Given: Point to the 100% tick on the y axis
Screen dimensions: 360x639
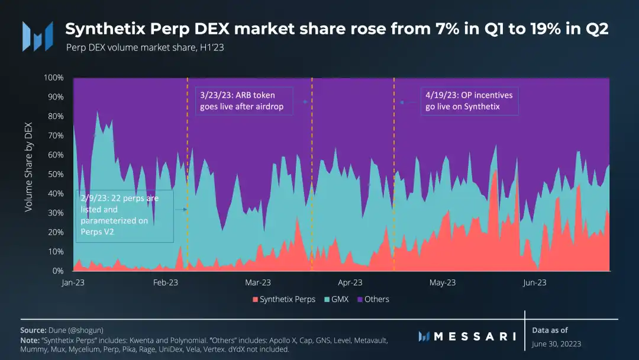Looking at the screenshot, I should pyautogui.click(x=54, y=78).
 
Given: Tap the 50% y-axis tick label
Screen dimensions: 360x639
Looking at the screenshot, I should pyautogui.click(x=56, y=174).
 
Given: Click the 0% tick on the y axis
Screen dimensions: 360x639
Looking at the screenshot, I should pyautogui.click(x=58, y=271).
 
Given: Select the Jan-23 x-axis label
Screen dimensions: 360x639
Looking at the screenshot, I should pyautogui.click(x=73, y=283).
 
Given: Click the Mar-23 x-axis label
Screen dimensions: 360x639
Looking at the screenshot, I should pyautogui.click(x=257, y=283).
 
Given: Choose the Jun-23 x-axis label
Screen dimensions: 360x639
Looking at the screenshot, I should pyautogui.click(x=535, y=283).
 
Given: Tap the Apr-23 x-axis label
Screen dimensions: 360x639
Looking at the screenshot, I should pyautogui.click(x=350, y=283).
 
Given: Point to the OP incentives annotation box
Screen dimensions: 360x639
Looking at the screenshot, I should pyautogui.click(x=469, y=101).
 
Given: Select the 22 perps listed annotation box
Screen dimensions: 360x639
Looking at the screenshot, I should pyautogui.click(x=124, y=216).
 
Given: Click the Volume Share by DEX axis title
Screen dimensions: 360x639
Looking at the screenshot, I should pyautogui.click(x=28, y=172).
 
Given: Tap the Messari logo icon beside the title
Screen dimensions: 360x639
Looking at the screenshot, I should pyautogui.click(x=34, y=36).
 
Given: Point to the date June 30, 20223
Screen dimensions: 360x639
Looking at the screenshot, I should pyautogui.click(x=557, y=344).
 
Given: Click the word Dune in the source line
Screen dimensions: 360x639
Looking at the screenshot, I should pyautogui.click(x=59, y=330).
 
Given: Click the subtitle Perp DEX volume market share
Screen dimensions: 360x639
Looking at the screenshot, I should pyautogui.click(x=144, y=47).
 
